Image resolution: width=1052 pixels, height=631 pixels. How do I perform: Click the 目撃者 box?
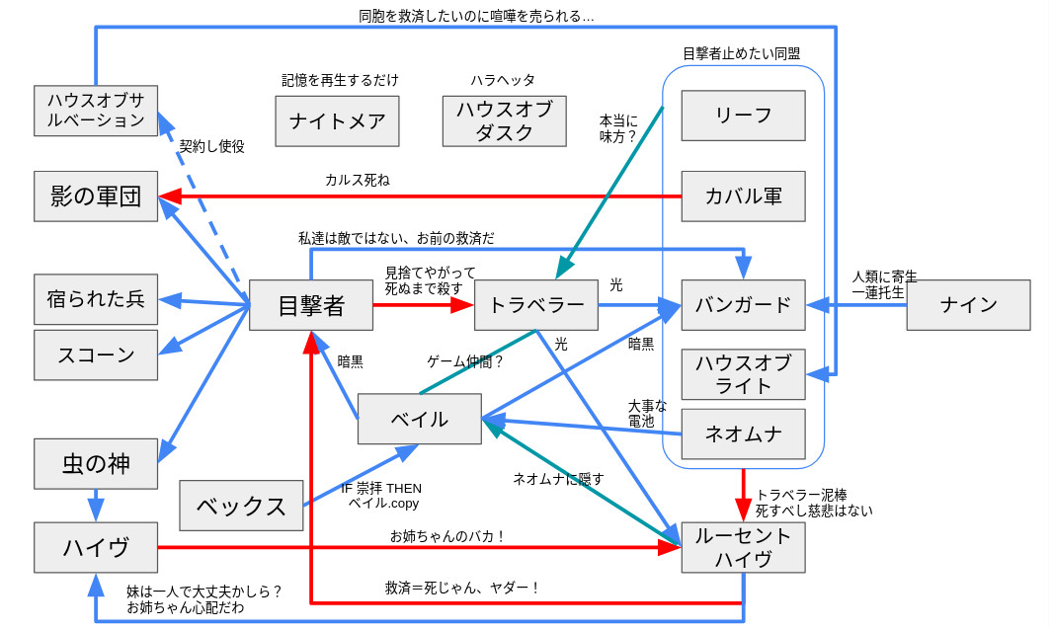coord(310,305)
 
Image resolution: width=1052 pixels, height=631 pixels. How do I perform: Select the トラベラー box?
coord(535,305)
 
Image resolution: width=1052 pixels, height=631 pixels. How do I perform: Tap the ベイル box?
coord(419,419)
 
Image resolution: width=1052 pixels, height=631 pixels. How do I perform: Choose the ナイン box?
coord(968,304)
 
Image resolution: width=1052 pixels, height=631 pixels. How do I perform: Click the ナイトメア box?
coord(337,120)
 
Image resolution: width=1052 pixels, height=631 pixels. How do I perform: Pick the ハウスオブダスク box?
coord(504,120)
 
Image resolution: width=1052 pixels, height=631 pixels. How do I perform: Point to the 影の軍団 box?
coord(96,196)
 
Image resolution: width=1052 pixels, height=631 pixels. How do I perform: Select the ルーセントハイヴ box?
coord(743,547)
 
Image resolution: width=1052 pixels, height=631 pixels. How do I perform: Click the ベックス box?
coord(240,506)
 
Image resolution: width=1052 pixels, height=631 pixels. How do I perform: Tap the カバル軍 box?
coord(743,196)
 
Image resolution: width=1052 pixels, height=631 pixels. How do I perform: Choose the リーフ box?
coord(743,116)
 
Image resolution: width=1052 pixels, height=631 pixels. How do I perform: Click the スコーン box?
coord(96,355)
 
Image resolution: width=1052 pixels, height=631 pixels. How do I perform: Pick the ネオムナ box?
coord(743,434)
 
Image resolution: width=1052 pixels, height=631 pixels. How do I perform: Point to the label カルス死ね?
coord(357,180)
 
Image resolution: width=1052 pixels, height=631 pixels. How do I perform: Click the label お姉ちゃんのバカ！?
coord(448,536)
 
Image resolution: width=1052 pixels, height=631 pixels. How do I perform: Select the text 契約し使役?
coord(211,146)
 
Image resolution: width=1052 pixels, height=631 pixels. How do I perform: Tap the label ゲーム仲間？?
coord(465,361)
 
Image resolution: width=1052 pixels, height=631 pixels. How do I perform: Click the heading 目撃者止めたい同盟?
coord(741,53)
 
